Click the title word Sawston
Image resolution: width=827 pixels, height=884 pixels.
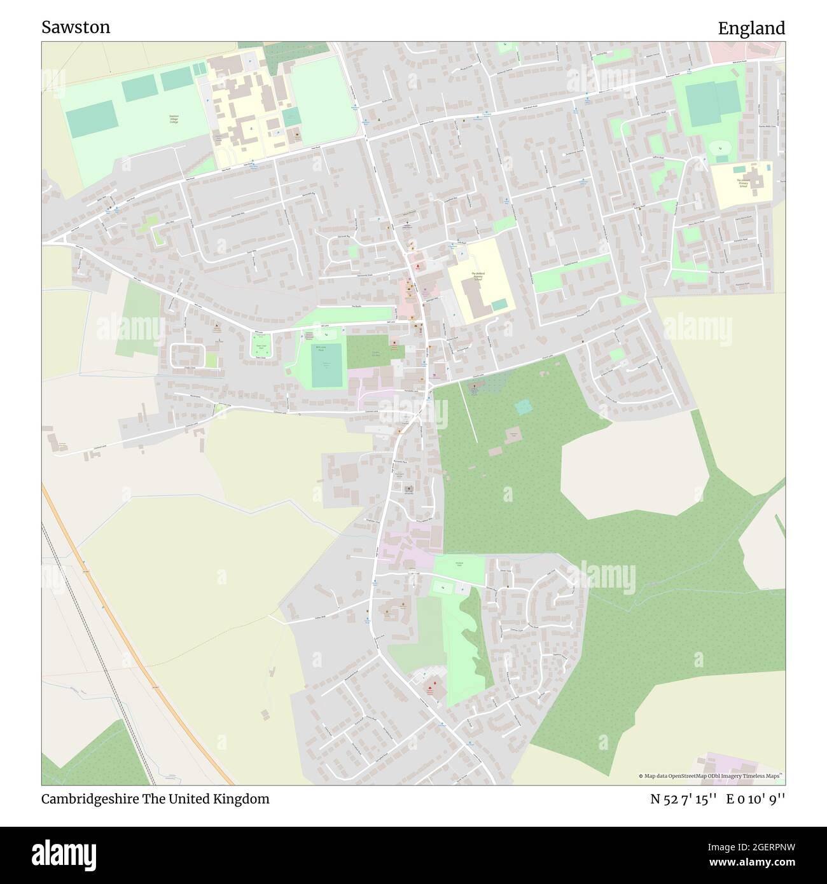tap(76, 27)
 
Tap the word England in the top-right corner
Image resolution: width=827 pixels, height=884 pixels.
tap(751, 28)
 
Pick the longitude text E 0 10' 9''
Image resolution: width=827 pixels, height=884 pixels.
tap(756, 799)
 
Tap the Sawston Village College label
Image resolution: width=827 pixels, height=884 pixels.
tap(174, 118)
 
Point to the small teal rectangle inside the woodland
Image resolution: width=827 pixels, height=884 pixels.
tap(523, 407)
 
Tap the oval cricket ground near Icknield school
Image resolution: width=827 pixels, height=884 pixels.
tap(719, 148)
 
